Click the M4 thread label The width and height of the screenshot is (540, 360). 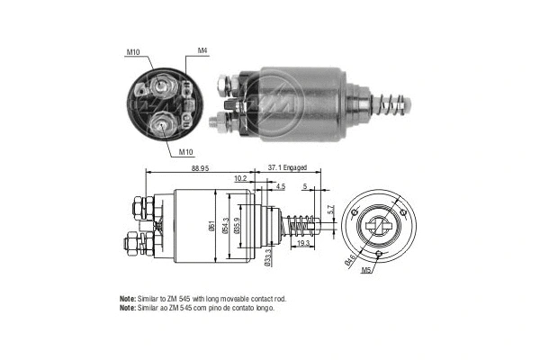(204, 50)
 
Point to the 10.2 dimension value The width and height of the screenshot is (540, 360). (240, 179)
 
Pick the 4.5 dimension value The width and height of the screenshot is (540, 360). (282, 187)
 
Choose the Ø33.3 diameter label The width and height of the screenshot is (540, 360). (269, 257)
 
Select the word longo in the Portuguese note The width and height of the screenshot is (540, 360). (262, 308)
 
